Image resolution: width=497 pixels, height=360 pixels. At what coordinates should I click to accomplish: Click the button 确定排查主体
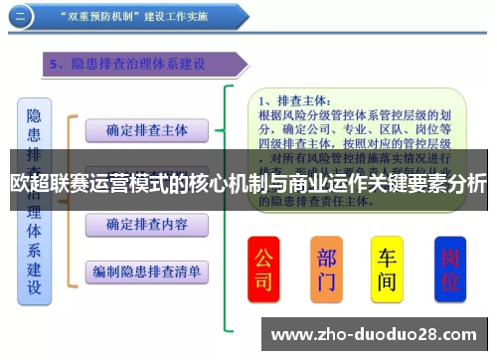tap(147, 129)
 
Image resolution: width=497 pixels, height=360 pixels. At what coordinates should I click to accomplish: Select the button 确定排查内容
tap(147, 225)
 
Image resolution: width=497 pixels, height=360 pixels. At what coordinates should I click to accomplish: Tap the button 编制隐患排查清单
tap(147, 270)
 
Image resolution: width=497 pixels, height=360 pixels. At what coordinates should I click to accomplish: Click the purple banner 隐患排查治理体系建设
tap(144, 65)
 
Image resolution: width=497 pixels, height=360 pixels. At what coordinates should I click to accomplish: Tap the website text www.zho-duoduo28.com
tap(375, 333)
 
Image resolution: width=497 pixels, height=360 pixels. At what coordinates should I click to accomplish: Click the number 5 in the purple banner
tap(54, 65)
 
